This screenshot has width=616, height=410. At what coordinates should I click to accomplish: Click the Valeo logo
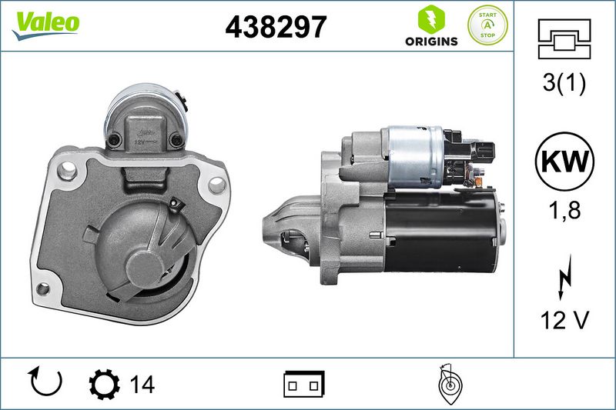coord(45,25)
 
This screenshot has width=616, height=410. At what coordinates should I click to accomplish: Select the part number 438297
coord(276,27)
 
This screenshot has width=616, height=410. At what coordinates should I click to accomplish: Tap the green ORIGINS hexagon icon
coord(431,18)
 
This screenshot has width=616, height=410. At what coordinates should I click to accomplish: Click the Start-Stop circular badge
coord(487,25)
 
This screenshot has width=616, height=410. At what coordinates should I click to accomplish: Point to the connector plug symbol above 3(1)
coord(564,38)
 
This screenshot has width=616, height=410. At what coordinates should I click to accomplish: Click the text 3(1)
coord(564,83)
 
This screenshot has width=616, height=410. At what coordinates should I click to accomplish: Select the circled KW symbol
coord(564,162)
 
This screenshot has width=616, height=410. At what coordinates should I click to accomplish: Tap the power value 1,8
coord(564,210)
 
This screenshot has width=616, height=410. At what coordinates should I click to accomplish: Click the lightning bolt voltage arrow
coord(564,278)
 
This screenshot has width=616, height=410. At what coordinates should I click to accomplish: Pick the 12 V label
coord(564,320)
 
